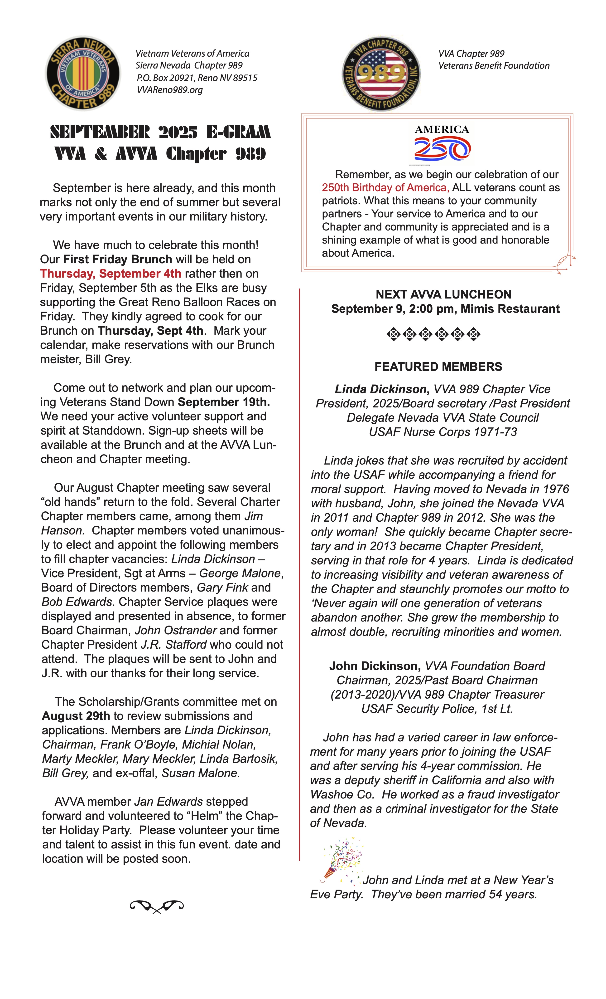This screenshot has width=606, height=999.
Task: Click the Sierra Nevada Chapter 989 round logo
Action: [x=83, y=73]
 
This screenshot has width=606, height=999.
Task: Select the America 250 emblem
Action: [x=442, y=145]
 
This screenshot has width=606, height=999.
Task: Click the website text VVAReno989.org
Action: [x=170, y=90]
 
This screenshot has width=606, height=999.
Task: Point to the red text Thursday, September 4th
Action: [x=111, y=274]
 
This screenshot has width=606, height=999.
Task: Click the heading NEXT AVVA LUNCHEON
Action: [x=443, y=294]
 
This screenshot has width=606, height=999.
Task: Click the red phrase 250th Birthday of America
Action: [x=385, y=188]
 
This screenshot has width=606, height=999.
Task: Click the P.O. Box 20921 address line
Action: [x=197, y=78]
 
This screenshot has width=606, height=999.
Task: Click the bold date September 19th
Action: [x=224, y=402]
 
